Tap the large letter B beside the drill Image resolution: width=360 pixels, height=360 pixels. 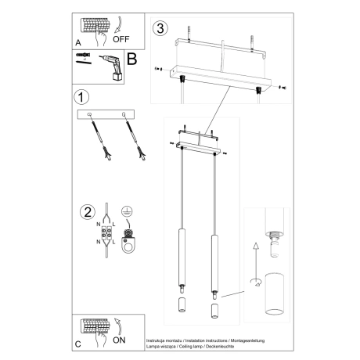click(x=131, y=58)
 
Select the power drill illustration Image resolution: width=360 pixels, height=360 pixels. click(x=112, y=67)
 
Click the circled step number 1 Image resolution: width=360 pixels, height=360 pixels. click(x=78, y=98)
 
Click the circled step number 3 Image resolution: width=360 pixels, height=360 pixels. click(x=160, y=29)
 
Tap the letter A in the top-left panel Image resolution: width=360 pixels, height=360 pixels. click(x=77, y=43)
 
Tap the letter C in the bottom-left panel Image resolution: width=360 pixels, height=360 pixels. click(x=76, y=344)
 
